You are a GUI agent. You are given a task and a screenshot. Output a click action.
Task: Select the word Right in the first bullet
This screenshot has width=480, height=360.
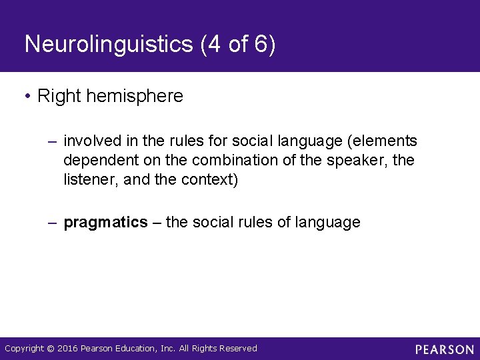[x=55, y=96]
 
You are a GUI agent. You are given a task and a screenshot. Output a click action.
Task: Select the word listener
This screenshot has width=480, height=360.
[x=89, y=181]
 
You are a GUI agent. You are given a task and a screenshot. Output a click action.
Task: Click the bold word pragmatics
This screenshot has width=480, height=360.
[x=105, y=223]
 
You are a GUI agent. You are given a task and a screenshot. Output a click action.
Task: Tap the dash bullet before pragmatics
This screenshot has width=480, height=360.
[x=53, y=223]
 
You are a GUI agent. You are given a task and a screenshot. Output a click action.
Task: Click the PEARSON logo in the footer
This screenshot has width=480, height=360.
[x=445, y=349]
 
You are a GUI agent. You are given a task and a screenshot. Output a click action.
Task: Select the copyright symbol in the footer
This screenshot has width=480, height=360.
[x=51, y=348]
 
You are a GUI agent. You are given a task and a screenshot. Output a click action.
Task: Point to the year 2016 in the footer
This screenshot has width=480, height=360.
[x=67, y=348]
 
